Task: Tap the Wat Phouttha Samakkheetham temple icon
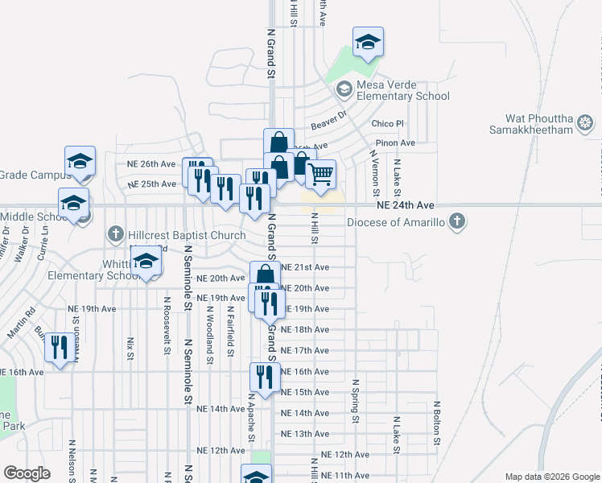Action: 586,124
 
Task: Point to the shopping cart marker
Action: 321,175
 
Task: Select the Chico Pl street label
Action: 387,124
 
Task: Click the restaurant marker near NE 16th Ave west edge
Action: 57,348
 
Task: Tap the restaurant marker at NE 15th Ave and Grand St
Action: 263,377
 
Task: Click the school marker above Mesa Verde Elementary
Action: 368,42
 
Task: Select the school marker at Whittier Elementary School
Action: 146,263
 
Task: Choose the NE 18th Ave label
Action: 304,330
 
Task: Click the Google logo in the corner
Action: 27,473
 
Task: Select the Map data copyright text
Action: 551,476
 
